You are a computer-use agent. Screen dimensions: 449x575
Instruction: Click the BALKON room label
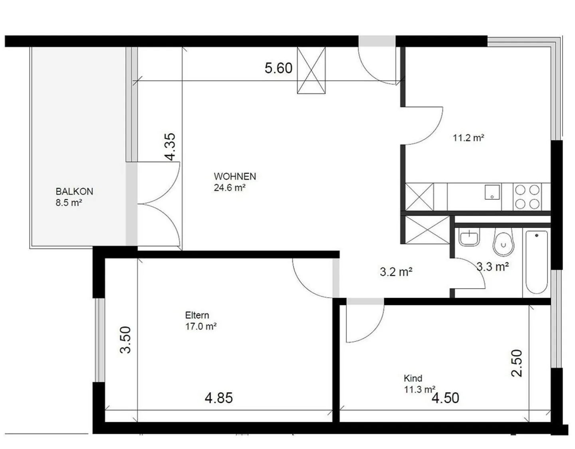point(74,191)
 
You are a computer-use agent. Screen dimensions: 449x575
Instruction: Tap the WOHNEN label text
point(235,176)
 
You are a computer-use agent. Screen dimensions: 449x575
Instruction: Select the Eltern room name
point(197,315)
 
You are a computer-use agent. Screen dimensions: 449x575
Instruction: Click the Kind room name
point(413,378)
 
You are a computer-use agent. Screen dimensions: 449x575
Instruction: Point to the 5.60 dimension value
point(278,68)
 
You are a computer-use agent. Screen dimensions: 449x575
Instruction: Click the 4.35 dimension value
point(171,147)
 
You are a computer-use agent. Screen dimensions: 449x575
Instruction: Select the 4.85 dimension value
point(218,398)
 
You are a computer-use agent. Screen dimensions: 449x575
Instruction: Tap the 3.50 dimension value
point(126,340)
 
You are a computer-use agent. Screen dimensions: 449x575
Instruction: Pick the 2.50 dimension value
point(517,363)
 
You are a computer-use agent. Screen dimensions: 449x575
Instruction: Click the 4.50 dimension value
point(445,398)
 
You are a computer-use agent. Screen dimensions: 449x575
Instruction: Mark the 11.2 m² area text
point(468,138)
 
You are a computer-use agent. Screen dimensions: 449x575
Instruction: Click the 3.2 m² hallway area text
point(396,272)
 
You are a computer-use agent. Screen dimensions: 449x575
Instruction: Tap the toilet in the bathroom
point(503,242)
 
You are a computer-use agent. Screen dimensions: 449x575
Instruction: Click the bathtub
point(536,262)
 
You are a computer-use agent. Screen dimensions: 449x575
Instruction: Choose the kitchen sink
point(492,192)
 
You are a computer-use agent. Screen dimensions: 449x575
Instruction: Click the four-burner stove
point(527,197)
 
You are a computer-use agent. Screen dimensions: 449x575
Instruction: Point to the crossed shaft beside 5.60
point(311,70)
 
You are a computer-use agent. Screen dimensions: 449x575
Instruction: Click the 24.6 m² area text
point(229,187)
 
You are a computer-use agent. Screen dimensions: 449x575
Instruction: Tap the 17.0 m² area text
point(200,326)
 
